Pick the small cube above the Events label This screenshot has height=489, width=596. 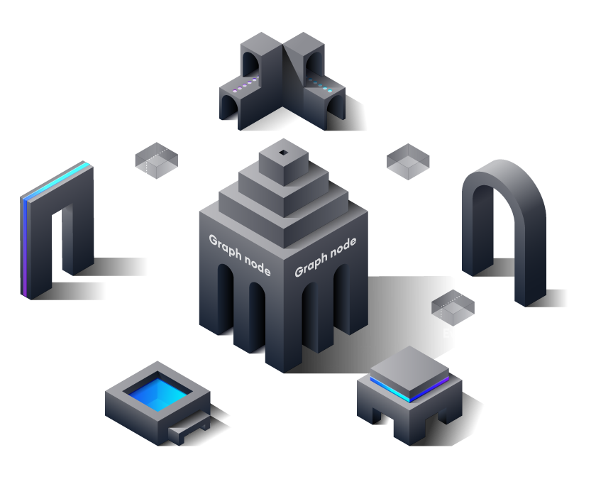tap(453, 306)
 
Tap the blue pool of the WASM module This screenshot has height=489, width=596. tap(157, 390)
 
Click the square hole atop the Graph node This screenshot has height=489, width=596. tap(283, 153)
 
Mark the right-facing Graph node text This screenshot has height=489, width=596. tap(325, 257)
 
